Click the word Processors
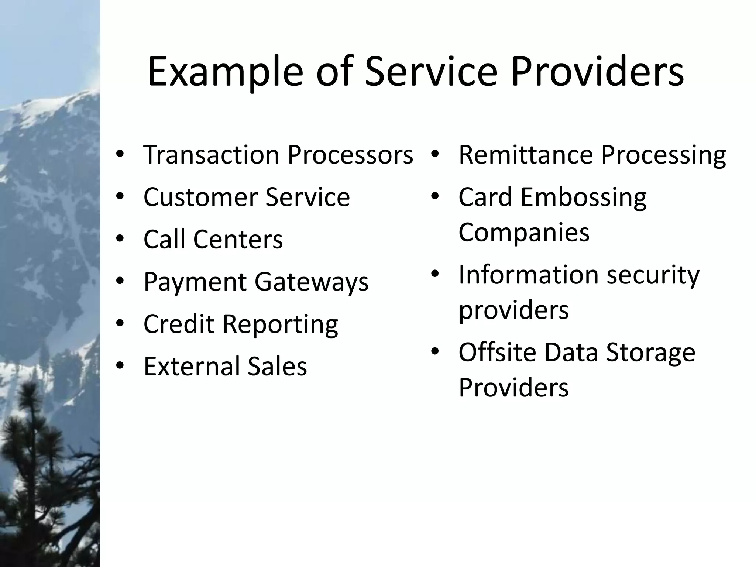350,155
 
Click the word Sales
277,366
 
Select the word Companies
524,233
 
